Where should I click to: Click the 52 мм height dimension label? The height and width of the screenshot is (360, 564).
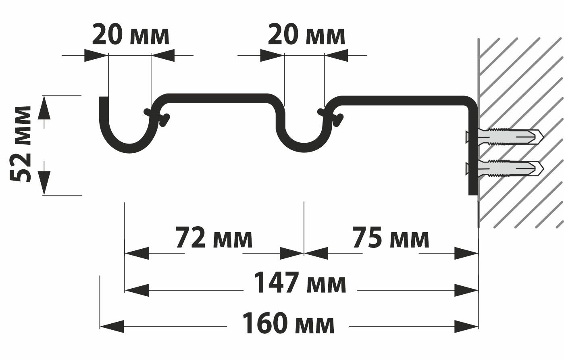coord(21,144)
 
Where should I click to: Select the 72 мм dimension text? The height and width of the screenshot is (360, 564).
coord(214,239)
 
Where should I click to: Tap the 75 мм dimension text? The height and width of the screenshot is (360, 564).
coord(391,239)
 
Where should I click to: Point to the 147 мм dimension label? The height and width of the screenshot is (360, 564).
coord(300,283)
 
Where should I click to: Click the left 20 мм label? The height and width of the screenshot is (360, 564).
coord(130,35)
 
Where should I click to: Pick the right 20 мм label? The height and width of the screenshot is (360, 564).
coord(306,35)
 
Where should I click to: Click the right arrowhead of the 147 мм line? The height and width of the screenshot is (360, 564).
coord(466,290)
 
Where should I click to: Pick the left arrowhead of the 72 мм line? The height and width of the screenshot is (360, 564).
coord(137,254)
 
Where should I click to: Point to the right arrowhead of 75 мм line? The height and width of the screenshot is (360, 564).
coord(466,254)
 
